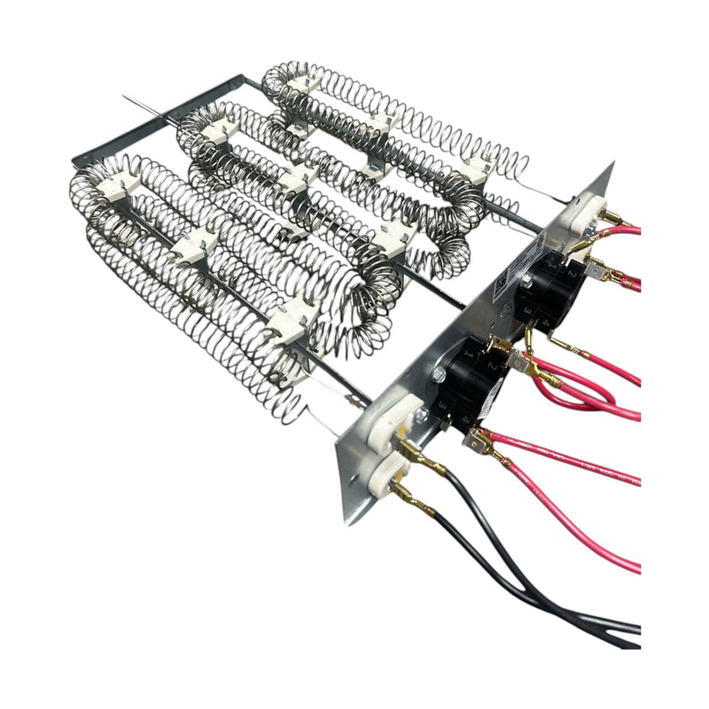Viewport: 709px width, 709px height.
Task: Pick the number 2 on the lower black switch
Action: tap(492, 365)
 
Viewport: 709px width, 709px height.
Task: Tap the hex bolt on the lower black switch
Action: tap(439, 376)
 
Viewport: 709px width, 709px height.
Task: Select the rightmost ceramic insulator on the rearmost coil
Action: tap(479, 170)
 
